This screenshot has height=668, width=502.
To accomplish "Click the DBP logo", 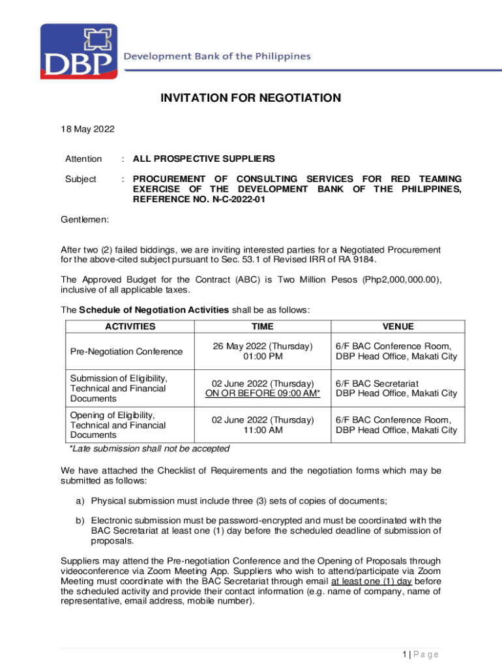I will [79, 52].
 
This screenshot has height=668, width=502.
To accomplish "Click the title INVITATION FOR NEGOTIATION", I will [251, 99].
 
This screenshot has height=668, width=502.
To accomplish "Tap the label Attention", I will [83, 159].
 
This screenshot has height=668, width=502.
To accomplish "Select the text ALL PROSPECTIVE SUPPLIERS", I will [203, 159].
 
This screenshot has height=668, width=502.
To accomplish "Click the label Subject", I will [81, 179].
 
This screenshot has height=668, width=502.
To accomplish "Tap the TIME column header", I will [263, 327].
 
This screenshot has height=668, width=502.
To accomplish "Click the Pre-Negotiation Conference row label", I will [126, 352].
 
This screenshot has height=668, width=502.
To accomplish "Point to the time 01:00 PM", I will [263, 357].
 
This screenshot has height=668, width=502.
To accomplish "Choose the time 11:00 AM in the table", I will [263, 431].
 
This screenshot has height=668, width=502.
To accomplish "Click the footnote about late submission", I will [149, 449].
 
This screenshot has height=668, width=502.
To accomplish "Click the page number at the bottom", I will [420, 654].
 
